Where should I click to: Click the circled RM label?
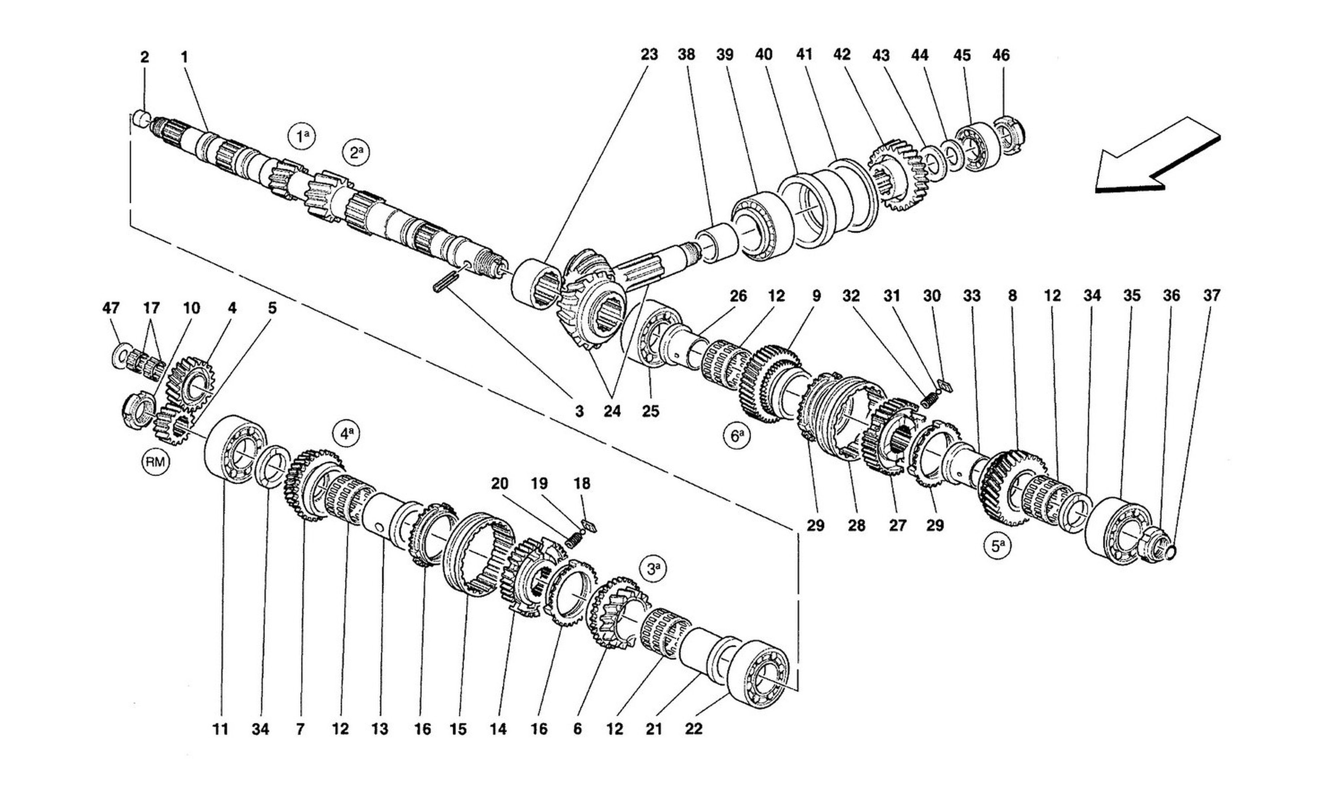[156, 461]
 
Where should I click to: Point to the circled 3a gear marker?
[653, 569]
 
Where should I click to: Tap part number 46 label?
[1001, 55]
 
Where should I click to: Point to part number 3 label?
[579, 411]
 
